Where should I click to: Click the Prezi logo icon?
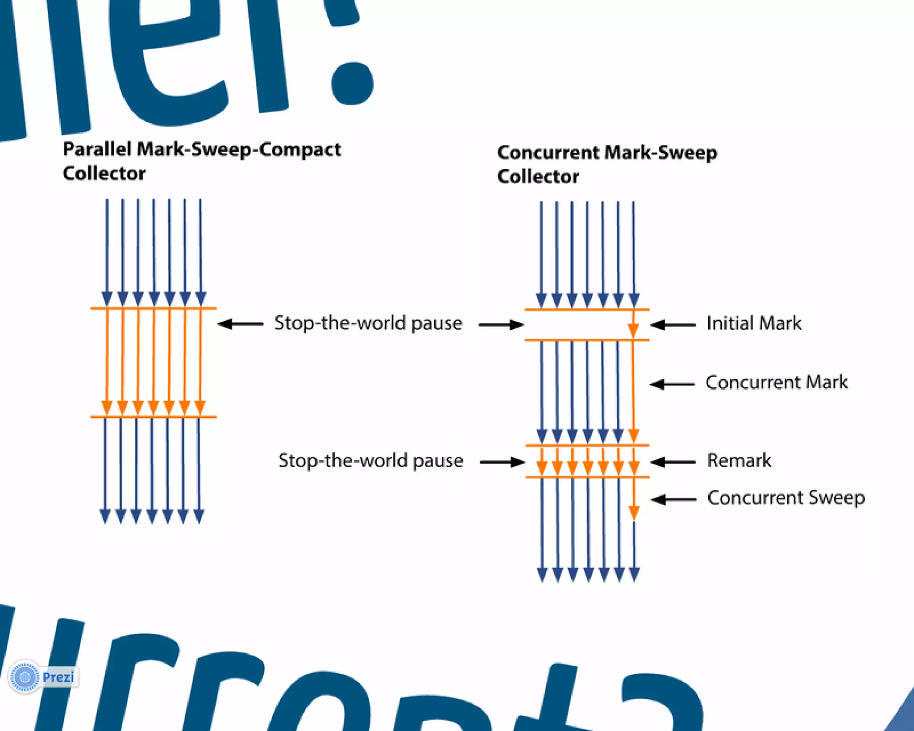(25, 677)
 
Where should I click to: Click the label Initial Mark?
(754, 323)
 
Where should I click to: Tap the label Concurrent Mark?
(776, 382)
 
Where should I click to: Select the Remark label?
(739, 461)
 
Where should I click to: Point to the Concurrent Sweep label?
(786, 498)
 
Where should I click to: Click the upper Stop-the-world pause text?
(368, 323)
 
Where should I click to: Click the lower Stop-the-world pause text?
(370, 461)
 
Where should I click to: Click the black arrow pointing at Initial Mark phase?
(673, 325)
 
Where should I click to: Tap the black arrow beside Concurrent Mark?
(672, 384)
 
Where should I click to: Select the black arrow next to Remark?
(673, 462)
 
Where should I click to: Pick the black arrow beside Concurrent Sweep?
(673, 499)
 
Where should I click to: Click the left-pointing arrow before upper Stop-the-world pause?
(240, 324)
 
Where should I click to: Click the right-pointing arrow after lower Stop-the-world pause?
(502, 462)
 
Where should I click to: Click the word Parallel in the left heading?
(97, 149)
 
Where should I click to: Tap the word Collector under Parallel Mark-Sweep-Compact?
(104, 173)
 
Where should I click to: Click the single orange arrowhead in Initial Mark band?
(633, 330)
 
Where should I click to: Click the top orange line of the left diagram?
(153, 308)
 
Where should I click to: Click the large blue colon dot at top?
(352, 83)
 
